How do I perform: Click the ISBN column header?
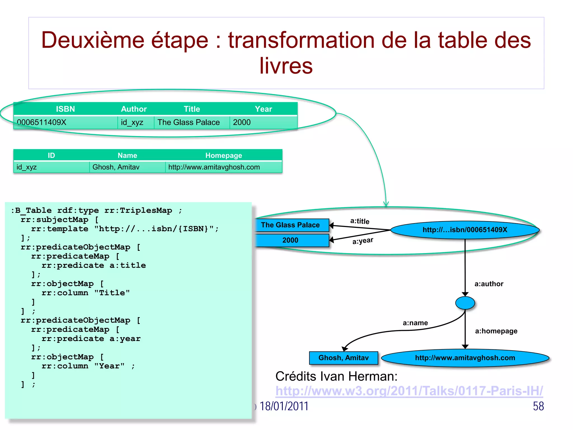click(x=65, y=109)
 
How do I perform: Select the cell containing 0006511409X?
click(x=42, y=122)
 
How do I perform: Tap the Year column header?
click(x=263, y=109)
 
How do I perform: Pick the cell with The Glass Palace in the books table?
click(x=189, y=122)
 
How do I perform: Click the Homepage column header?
click(x=224, y=155)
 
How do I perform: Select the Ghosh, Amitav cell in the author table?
click(x=116, y=167)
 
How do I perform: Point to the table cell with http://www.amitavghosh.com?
click(x=214, y=167)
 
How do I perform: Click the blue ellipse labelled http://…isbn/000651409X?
click(x=464, y=230)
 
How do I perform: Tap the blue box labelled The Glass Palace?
click(x=290, y=225)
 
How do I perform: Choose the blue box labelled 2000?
click(x=290, y=240)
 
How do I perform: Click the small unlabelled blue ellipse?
click(x=465, y=303)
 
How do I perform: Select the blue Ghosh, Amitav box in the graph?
click(x=343, y=358)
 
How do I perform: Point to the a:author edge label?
click(x=489, y=284)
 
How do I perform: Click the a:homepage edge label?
click(x=496, y=331)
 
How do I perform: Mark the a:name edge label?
click(x=415, y=323)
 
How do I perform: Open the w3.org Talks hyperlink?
click(x=409, y=391)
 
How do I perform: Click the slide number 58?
click(x=538, y=406)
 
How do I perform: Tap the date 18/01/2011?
click(x=284, y=406)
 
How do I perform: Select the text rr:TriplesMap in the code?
click(x=138, y=211)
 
